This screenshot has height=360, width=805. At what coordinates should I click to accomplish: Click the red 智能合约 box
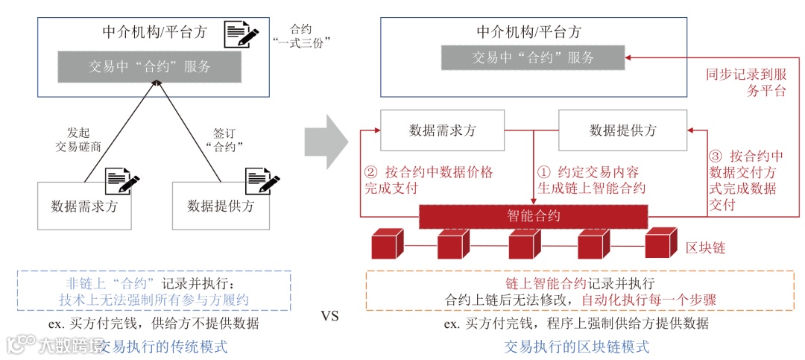pos(534,216)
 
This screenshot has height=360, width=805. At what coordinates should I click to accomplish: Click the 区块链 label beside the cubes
pos(704,246)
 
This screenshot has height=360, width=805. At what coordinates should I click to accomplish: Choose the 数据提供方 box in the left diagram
pos(220,206)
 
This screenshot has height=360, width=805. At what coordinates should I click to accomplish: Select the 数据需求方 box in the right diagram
pos(442,130)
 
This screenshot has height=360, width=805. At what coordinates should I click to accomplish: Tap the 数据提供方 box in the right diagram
pos(623,130)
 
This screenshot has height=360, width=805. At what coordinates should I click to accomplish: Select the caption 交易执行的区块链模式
pos(576,347)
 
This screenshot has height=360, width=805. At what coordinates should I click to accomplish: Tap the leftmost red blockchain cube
pos(388,244)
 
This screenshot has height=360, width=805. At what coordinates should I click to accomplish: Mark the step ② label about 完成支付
pos(429,180)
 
